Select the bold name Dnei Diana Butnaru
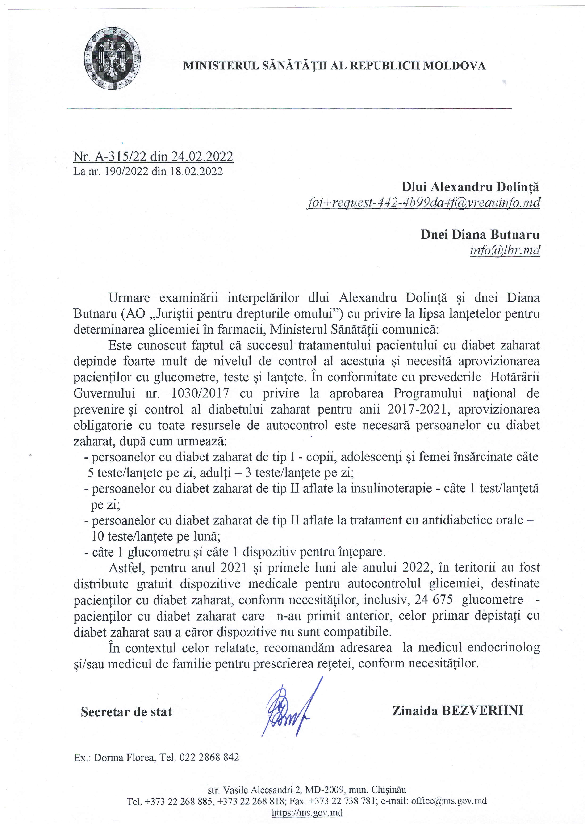480,235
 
